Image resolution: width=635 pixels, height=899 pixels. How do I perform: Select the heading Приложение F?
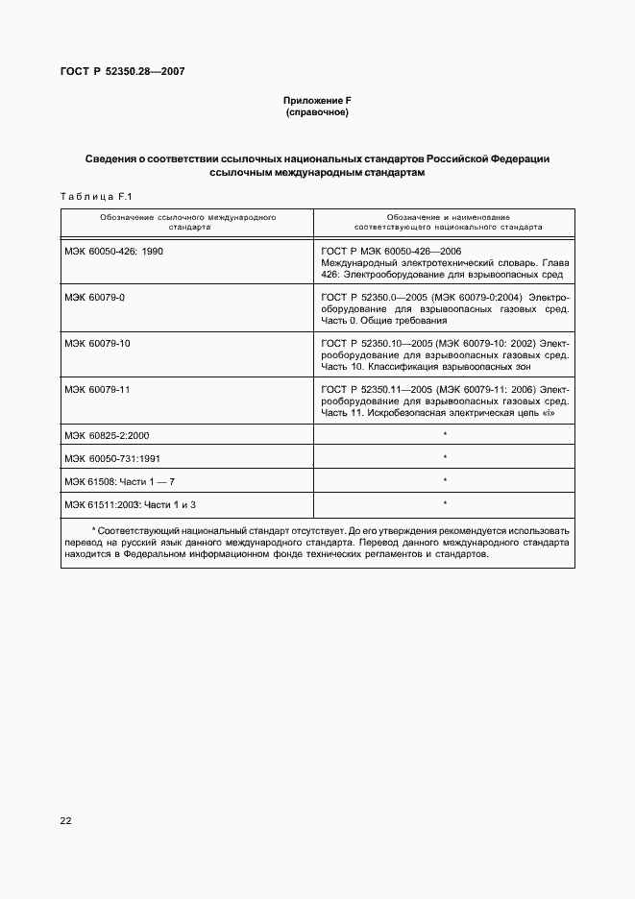316,100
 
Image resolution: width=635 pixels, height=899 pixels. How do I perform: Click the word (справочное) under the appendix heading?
316,112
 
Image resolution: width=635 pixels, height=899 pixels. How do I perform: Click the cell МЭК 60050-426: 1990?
113,250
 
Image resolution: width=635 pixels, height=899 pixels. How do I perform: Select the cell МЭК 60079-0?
95,297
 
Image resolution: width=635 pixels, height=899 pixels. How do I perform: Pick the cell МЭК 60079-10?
97,343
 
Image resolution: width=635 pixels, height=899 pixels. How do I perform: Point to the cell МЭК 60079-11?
97,389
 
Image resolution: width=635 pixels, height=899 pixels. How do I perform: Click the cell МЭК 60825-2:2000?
107,435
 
